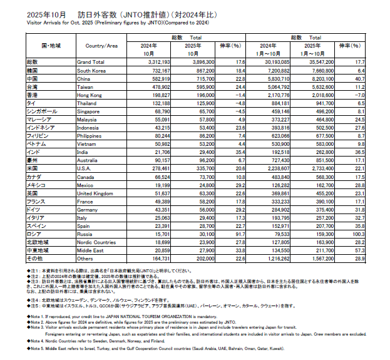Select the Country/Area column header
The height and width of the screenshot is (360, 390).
click(x=102, y=46)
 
